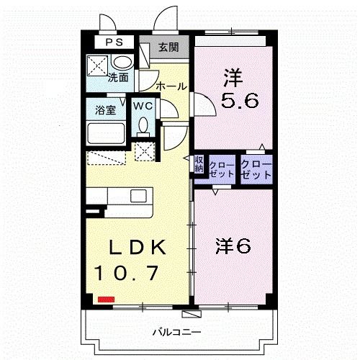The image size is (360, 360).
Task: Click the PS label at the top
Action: [114, 42]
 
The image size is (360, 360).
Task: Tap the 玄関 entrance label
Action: [168, 47]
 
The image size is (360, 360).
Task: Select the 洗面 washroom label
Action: [118, 78]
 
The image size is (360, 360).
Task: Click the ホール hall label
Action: [171, 86]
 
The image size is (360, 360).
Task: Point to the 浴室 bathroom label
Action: [106, 110]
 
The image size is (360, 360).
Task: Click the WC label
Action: [143, 106]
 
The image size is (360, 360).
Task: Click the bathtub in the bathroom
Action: [106, 133]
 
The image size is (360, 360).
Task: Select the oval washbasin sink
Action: [122, 62]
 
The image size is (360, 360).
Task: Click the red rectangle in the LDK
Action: [106, 300]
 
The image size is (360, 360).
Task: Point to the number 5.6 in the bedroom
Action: [240, 100]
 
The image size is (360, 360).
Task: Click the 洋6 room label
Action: [233, 246]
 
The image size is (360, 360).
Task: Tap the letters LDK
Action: [138, 247]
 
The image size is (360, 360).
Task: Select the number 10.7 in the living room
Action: [127, 273]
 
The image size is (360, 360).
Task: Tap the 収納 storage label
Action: [199, 164]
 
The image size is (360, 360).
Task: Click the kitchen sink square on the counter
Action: [138, 196]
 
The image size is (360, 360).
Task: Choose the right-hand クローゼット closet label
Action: [256, 170]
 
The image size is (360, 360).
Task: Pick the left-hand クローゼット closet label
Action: [222, 170]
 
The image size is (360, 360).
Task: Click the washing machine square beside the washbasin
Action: [97, 66]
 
